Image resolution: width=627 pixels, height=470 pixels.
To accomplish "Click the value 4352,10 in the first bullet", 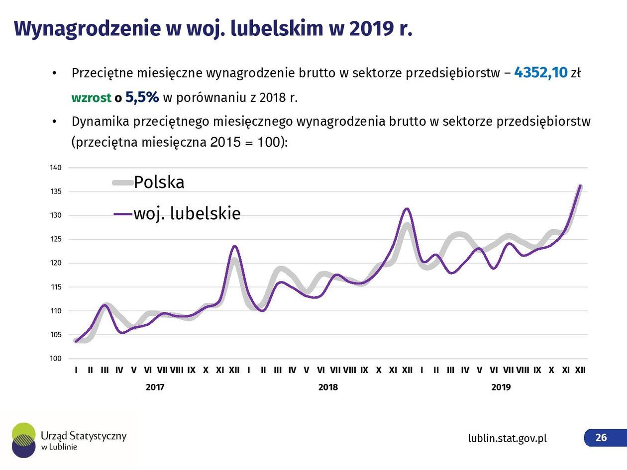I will pos(540,73).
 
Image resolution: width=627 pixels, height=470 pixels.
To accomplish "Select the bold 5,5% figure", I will pos(142,97).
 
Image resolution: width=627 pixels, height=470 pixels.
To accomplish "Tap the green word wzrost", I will pos(91,97).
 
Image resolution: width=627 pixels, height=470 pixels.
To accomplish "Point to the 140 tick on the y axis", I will pos(56,168).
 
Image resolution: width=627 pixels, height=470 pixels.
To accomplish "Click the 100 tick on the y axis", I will pos(56,359).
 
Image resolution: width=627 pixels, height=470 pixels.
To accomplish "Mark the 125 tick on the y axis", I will pos(56,239).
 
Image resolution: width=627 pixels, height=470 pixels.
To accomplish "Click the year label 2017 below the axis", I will pos(155,387).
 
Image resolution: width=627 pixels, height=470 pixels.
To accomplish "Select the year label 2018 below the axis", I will pos(328,387).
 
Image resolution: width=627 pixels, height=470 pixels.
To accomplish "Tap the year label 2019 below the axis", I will pos(501,387).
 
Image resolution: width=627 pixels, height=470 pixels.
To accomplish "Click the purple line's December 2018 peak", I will pos(407,208).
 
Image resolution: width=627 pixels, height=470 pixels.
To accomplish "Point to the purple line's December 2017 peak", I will pos(234,246).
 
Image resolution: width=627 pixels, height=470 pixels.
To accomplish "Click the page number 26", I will pos(601,437).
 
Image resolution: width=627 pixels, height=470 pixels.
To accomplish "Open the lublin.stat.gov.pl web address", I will pos(507,438).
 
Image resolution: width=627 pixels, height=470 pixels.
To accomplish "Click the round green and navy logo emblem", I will pos(24,440).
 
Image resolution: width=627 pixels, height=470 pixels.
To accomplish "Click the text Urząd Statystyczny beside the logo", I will pos(84,436).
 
